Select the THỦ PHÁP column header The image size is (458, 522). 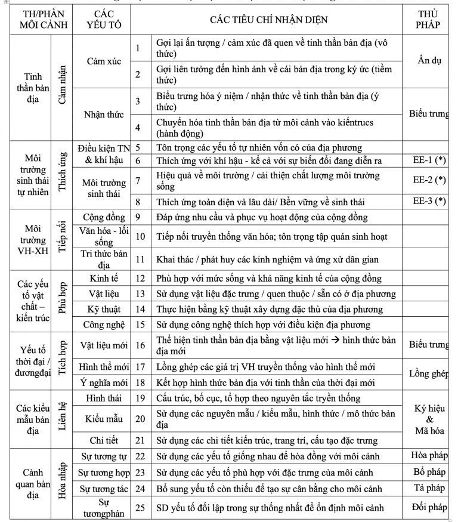point(429,19)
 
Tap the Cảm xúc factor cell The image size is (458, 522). point(101,61)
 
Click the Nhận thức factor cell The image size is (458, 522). point(101,114)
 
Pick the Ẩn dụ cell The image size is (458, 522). point(429,61)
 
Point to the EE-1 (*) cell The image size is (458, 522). point(429,161)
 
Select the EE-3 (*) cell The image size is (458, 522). point(429,201)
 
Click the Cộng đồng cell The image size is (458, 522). point(101,217)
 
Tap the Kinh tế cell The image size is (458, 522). point(101,278)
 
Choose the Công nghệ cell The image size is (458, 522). point(101,325)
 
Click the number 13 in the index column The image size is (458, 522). point(140,294)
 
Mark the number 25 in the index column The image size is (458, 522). point(140,508)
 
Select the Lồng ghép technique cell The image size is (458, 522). point(429,374)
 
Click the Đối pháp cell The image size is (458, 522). point(429,508)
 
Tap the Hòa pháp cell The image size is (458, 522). point(429,456)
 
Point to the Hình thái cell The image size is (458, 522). point(101,398)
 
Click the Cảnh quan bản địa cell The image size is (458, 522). point(33,482)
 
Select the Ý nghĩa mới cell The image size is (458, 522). point(101,382)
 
